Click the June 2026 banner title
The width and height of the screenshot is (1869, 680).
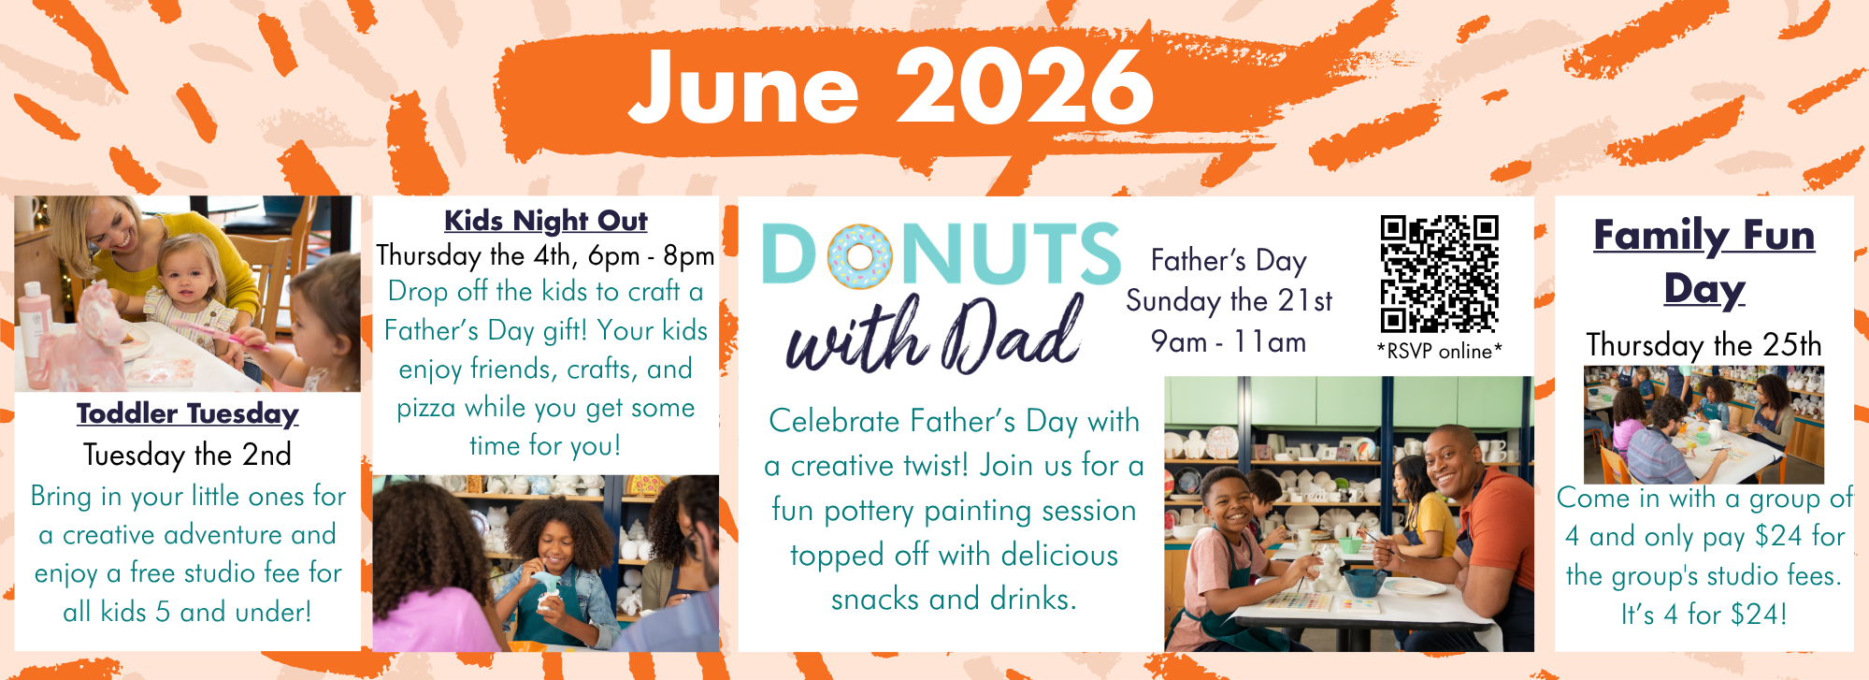(891, 86)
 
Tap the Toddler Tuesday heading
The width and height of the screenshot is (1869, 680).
(187, 413)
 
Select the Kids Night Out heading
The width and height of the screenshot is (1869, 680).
(546, 221)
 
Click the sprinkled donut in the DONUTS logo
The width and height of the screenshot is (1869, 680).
(860, 255)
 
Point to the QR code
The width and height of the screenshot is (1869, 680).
(1439, 274)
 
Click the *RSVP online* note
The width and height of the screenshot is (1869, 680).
(1439, 352)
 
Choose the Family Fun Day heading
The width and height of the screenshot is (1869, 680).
(1704, 261)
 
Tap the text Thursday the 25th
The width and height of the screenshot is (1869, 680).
(1704, 345)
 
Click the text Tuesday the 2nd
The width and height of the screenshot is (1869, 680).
(187, 455)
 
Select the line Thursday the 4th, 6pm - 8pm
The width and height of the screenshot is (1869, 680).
(545, 255)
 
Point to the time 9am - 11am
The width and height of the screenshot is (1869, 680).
(1229, 342)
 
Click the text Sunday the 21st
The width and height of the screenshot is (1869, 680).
(1229, 301)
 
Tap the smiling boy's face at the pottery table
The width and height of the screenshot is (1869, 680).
(1229, 504)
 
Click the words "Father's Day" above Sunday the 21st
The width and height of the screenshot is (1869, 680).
(1229, 261)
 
